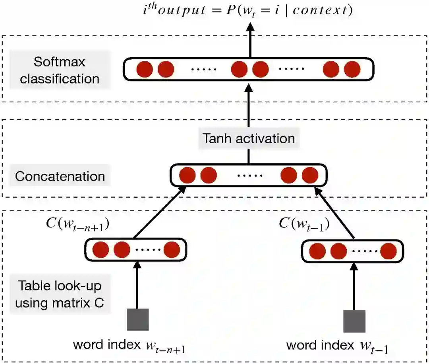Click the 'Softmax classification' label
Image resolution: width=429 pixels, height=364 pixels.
(60, 70)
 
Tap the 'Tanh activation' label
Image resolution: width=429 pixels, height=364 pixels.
(249, 139)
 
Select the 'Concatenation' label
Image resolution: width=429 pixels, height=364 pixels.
(60, 176)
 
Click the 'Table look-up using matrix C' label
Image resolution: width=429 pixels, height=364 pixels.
(60, 295)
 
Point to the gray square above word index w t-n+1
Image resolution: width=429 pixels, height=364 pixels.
(137, 319)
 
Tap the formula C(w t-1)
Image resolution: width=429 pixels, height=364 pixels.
(304, 224)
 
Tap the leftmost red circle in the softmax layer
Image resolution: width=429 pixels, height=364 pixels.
(145, 70)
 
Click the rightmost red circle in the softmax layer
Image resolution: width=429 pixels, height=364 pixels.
(352, 70)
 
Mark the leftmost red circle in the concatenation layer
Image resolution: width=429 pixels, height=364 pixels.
(187, 175)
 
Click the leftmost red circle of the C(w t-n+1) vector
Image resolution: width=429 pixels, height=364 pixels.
(100, 250)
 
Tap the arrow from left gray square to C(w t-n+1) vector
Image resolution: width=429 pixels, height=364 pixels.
(137, 284)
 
